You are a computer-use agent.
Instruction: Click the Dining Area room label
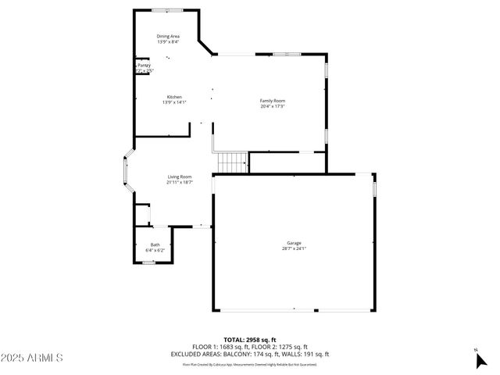pyautogui.click(x=168, y=36)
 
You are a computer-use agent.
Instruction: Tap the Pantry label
pyautogui.click(x=144, y=66)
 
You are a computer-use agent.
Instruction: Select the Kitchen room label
pyautogui.click(x=173, y=97)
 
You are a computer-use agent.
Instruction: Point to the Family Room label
pyautogui.click(x=273, y=101)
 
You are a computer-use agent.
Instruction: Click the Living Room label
pyautogui.click(x=179, y=177)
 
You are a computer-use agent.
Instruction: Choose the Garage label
pyautogui.click(x=294, y=243)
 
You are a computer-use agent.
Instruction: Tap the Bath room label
pyautogui.click(x=155, y=245)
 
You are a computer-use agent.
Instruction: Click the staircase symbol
pyautogui.click(x=232, y=162)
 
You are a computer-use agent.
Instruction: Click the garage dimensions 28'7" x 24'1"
pyautogui.click(x=294, y=249)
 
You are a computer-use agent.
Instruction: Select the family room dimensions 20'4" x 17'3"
pyautogui.click(x=273, y=106)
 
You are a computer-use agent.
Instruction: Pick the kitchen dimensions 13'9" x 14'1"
pyautogui.click(x=173, y=102)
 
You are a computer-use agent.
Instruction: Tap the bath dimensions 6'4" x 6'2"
pyautogui.click(x=155, y=251)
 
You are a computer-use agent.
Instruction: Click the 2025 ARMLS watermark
pyautogui.click(x=32, y=357)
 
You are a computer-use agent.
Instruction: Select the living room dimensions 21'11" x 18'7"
pyautogui.click(x=179, y=182)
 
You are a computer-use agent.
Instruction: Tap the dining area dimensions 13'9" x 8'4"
pyautogui.click(x=168, y=41)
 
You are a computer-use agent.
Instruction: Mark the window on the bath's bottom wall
pyautogui.click(x=148, y=262)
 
